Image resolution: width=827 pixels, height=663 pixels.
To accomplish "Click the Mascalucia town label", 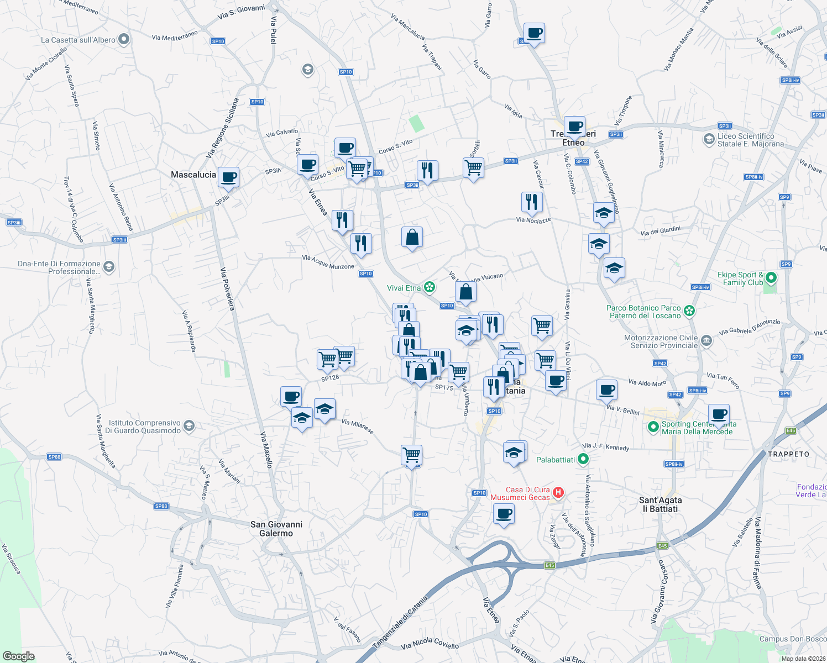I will coord(193,175).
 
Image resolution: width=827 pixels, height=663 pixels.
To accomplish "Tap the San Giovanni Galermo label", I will coord(276,529).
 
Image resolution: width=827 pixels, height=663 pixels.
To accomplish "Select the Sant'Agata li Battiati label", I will coord(660,504).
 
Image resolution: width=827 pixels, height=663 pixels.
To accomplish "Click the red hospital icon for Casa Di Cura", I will coord(558,492).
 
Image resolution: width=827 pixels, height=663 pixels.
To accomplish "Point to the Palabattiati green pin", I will coord(583,459).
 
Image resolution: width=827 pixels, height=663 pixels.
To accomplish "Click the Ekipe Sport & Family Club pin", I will coord(771,278).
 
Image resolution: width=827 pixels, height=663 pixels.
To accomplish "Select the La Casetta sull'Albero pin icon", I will coord(124,39).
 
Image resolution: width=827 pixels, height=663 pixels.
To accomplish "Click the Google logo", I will coord(18,656).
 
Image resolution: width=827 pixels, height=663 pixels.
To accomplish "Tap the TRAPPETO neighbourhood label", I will coord(788,454).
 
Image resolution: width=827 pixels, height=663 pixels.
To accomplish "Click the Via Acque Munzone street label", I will coord(328,262).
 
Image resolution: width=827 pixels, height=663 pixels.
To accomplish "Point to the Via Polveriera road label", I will coord(227,289).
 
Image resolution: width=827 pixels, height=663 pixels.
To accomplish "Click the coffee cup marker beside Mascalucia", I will coord(228,177).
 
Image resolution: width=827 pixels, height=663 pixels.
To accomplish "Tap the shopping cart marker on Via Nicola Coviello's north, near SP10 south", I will coord(412,455).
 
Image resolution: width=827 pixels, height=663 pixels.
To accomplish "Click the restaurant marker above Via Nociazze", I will coord(531,202).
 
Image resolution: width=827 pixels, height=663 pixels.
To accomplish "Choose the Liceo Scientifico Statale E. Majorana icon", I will coord(709,139).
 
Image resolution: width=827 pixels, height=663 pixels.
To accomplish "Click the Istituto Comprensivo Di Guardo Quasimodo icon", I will coord(189,425).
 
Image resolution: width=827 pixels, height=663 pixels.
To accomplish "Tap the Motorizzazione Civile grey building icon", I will coord(706,341).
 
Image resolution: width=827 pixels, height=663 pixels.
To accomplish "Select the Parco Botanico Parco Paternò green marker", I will coord(689,311).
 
